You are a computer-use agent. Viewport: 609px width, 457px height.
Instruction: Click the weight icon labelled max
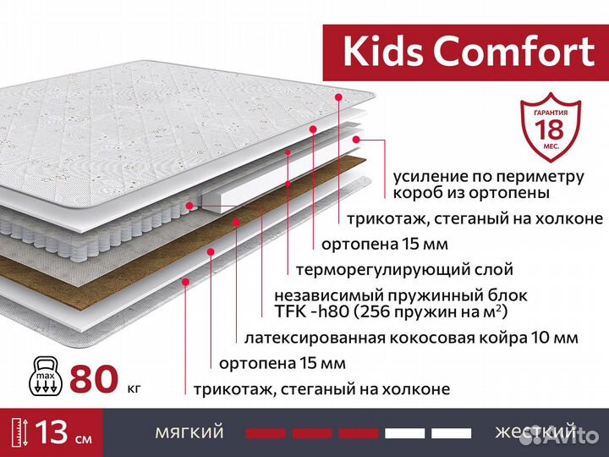[41, 375]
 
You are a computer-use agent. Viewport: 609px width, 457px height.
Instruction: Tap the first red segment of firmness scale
[266, 433]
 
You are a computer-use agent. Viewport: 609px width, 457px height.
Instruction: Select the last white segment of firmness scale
[451, 433]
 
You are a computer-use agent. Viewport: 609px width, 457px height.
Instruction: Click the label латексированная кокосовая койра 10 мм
[411, 338]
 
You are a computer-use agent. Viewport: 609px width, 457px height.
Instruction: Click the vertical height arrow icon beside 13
[18, 432]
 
